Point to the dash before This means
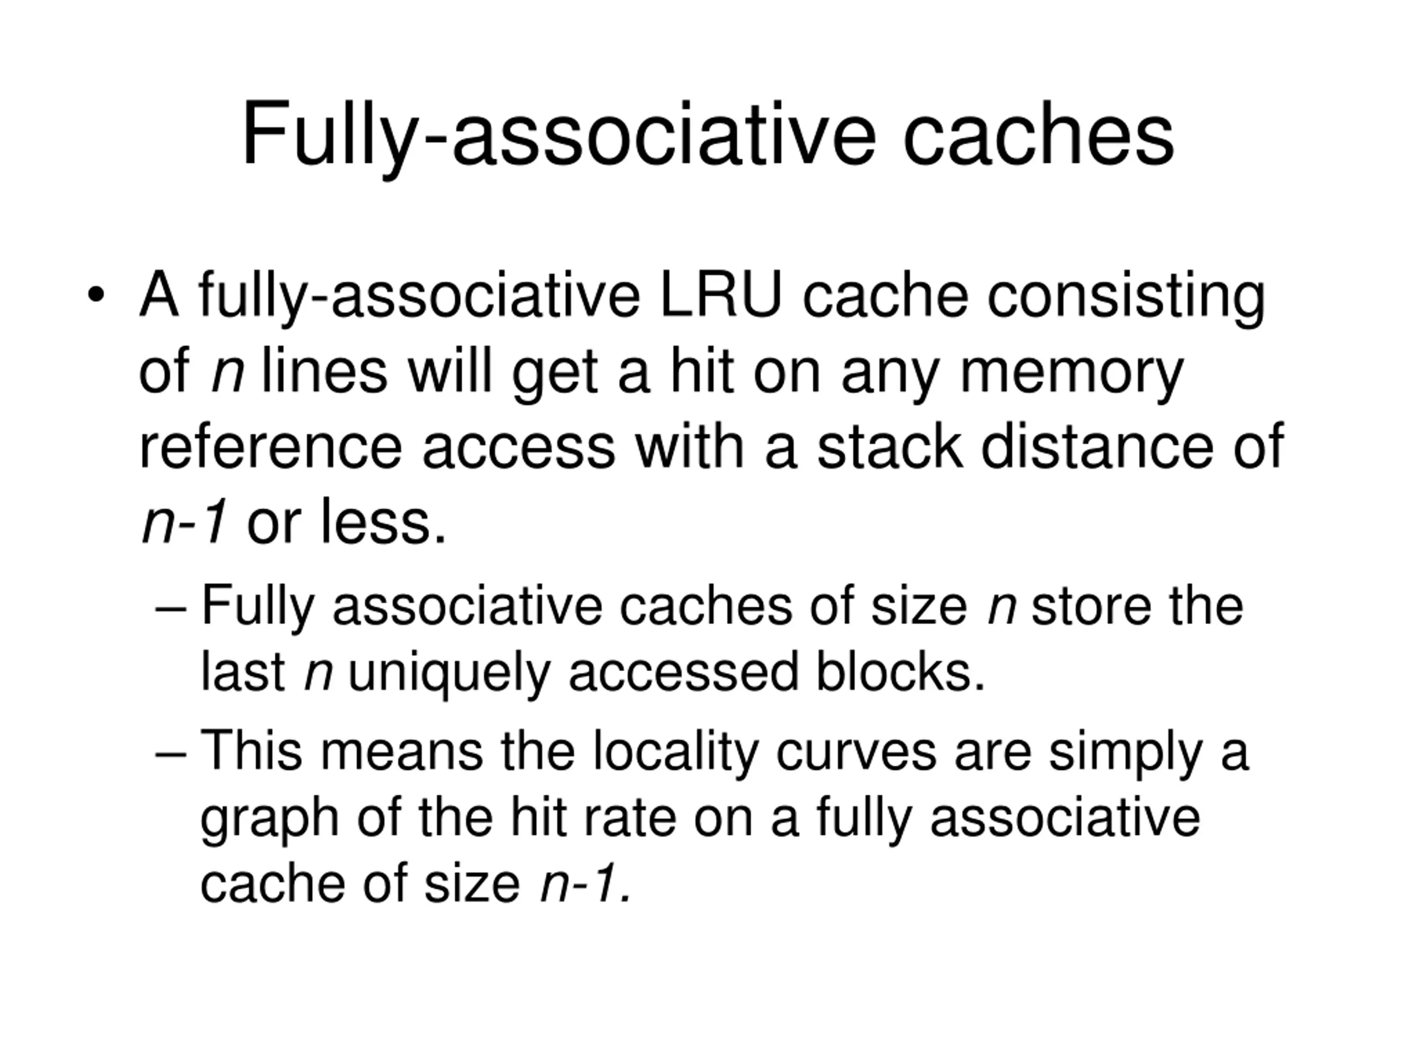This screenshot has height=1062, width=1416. tap(170, 753)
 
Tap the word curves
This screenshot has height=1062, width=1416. tap(856, 753)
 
